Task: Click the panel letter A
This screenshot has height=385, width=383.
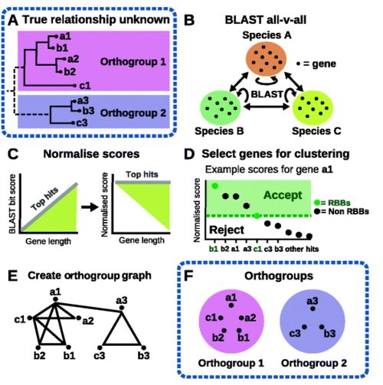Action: point(13,21)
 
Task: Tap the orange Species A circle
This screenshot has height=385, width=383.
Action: point(266,59)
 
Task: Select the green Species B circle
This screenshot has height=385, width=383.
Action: point(221,107)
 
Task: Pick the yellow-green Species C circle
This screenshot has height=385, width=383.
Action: point(313,107)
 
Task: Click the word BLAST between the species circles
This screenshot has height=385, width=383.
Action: point(267,94)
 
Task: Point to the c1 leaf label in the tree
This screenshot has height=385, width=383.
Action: point(85,86)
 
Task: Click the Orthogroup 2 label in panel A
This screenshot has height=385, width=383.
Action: point(133,113)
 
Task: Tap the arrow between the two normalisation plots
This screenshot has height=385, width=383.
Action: point(90,207)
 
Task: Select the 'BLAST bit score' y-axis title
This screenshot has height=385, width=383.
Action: point(12,204)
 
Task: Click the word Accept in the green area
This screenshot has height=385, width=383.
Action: point(283,195)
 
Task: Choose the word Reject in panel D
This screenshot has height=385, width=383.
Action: point(227,230)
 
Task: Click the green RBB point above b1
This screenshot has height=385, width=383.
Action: point(214,186)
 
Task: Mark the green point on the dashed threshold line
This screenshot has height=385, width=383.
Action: point(257,216)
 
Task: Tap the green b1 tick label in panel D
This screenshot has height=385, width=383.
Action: point(214,249)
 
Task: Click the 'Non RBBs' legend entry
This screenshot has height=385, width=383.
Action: point(342,211)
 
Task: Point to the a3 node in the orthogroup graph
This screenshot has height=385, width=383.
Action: point(122,308)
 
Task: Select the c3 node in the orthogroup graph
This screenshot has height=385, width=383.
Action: point(100,347)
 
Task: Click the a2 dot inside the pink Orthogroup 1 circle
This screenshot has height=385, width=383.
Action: point(241,318)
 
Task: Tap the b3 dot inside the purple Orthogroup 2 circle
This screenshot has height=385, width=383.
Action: point(322,327)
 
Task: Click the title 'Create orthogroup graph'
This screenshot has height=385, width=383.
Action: point(90,276)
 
